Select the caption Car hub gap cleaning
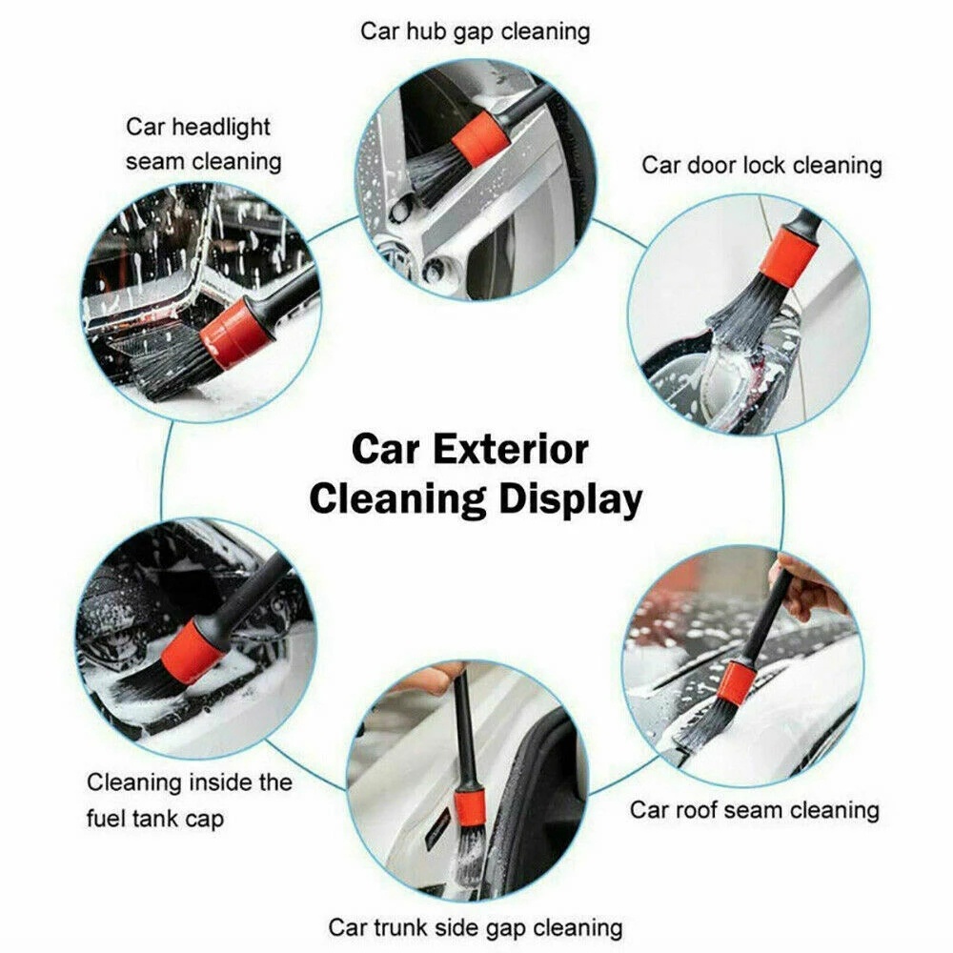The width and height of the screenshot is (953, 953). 475,31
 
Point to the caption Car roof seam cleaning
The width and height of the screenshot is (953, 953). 754,810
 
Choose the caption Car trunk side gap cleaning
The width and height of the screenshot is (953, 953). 475,926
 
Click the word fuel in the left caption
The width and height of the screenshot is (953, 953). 111,819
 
